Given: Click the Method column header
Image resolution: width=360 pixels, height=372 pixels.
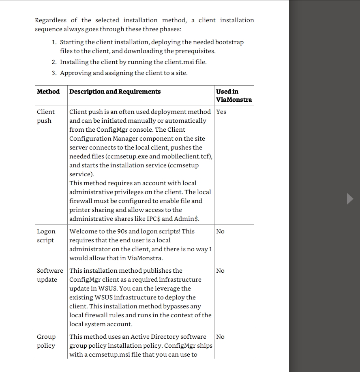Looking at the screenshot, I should click(48, 92).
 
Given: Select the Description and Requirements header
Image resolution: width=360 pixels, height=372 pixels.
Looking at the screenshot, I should click(115, 92).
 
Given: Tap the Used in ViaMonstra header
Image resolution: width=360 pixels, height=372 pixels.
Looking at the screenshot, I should click(234, 96).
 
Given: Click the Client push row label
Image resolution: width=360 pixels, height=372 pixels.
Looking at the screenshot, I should click(45, 116).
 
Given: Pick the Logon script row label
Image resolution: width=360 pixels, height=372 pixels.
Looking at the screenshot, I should click(46, 236).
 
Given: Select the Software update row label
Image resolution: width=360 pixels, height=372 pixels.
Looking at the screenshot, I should click(50, 275).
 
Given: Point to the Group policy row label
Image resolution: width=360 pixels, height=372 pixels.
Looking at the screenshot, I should click(46, 341).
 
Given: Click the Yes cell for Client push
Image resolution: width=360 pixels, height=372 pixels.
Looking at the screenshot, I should click(221, 112).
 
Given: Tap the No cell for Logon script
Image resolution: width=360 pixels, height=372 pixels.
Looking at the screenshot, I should click(220, 231).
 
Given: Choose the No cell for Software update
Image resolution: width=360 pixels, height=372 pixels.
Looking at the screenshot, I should click(220, 271).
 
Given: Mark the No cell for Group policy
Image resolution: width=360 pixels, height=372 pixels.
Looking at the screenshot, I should click(220, 337).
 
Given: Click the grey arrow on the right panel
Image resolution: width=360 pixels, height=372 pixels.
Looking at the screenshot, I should click(350, 199).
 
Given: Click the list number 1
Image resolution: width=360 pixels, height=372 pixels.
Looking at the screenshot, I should click(54, 42).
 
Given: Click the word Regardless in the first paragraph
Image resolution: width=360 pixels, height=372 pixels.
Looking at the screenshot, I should click(51, 20).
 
